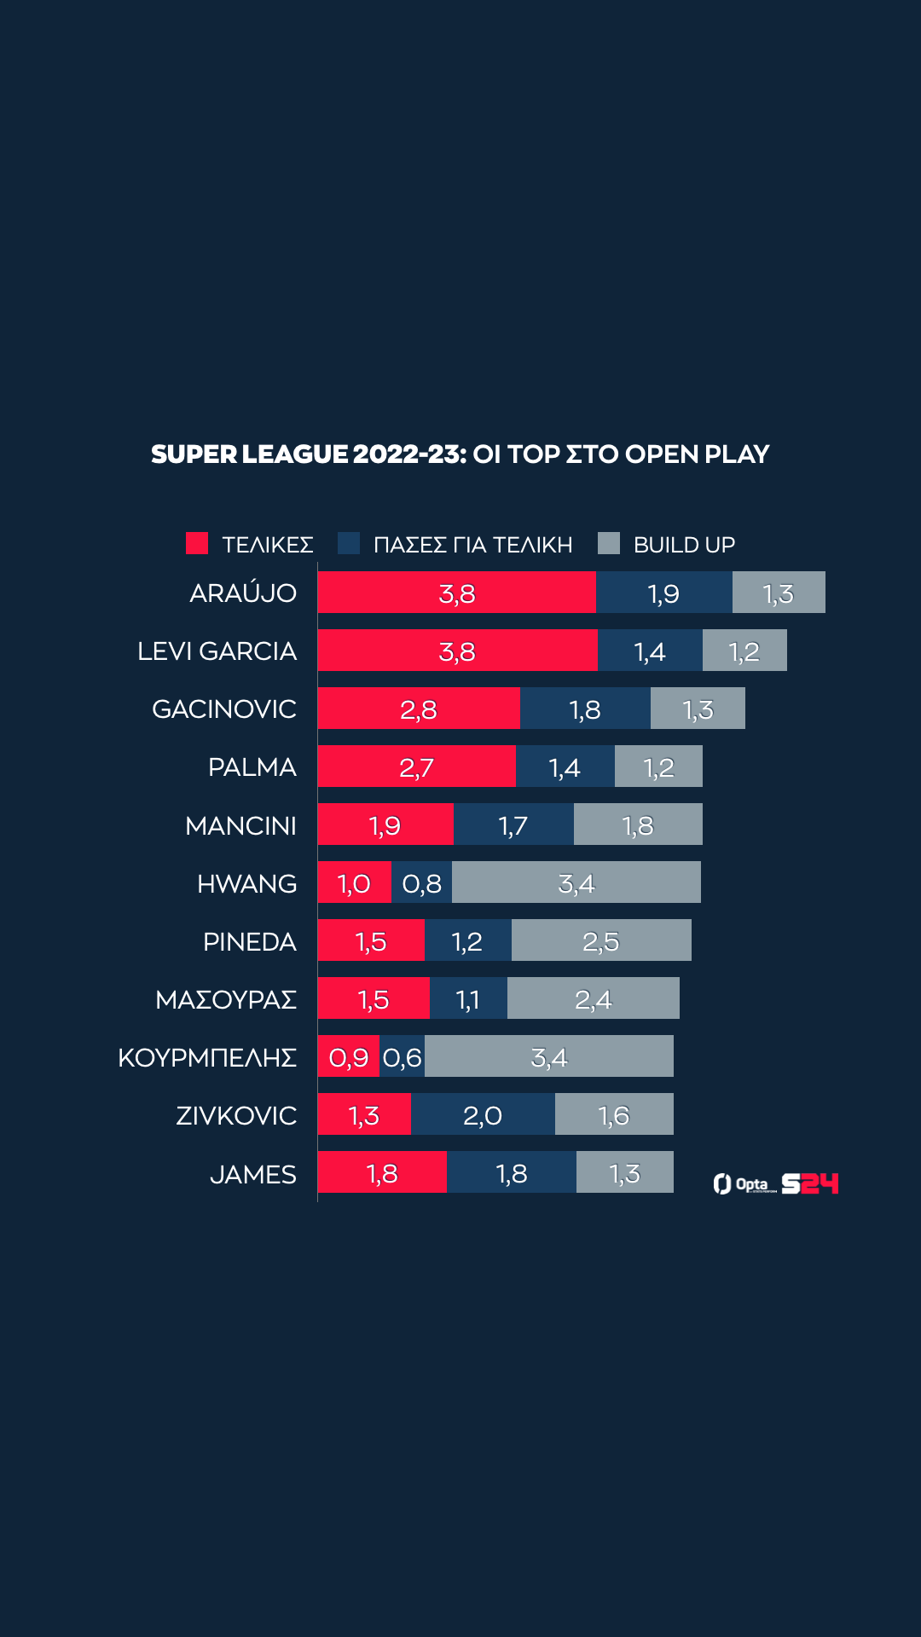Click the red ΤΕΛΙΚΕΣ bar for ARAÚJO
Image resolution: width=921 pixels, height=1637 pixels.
[456, 593]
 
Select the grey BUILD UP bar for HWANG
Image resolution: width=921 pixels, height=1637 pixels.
[576, 882]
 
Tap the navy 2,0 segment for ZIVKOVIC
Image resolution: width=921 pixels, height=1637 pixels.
[483, 1114]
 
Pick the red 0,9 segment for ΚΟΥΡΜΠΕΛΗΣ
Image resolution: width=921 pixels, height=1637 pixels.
[348, 1056]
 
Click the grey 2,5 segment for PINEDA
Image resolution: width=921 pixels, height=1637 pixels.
[601, 940]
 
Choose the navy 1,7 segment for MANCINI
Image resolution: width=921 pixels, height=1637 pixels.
[513, 824]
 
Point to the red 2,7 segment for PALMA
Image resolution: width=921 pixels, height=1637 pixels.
[416, 766]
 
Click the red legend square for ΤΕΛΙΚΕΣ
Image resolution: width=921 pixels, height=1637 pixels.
[197, 543]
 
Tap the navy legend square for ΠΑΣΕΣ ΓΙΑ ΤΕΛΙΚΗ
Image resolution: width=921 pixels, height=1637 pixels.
[349, 543]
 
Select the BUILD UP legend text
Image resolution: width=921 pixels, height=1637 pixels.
[684, 545]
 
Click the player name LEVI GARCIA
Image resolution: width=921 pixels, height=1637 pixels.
[217, 651]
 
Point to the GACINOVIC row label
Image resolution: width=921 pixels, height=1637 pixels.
[223, 709]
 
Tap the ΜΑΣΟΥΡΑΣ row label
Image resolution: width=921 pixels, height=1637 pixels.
[225, 999]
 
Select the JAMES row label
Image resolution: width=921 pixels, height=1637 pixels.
[252, 1175]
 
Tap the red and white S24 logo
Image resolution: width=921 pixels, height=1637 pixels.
[810, 1183]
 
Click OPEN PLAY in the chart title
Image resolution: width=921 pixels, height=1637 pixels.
[697, 454]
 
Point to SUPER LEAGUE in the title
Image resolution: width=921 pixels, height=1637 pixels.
[250, 454]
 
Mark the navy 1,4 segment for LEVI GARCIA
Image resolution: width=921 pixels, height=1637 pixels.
[650, 651]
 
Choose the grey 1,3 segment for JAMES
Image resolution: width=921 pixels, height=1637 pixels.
[624, 1172]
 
